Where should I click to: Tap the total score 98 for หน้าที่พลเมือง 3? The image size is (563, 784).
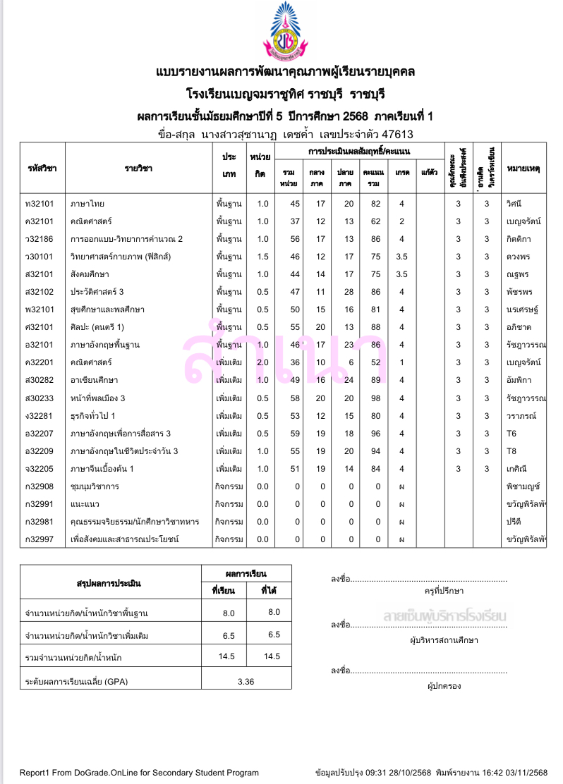(x=375, y=398)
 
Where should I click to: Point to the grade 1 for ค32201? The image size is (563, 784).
(x=401, y=362)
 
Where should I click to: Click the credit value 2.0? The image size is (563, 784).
(x=262, y=362)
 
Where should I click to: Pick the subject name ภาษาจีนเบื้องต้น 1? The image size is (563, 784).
(x=102, y=469)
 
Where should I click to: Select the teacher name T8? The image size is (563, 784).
(x=512, y=451)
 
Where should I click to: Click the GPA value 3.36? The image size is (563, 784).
(x=246, y=682)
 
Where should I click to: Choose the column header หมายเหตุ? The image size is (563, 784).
(x=523, y=169)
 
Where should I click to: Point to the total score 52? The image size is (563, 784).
(x=375, y=362)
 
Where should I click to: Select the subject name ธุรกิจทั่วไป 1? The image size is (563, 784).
(x=93, y=416)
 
